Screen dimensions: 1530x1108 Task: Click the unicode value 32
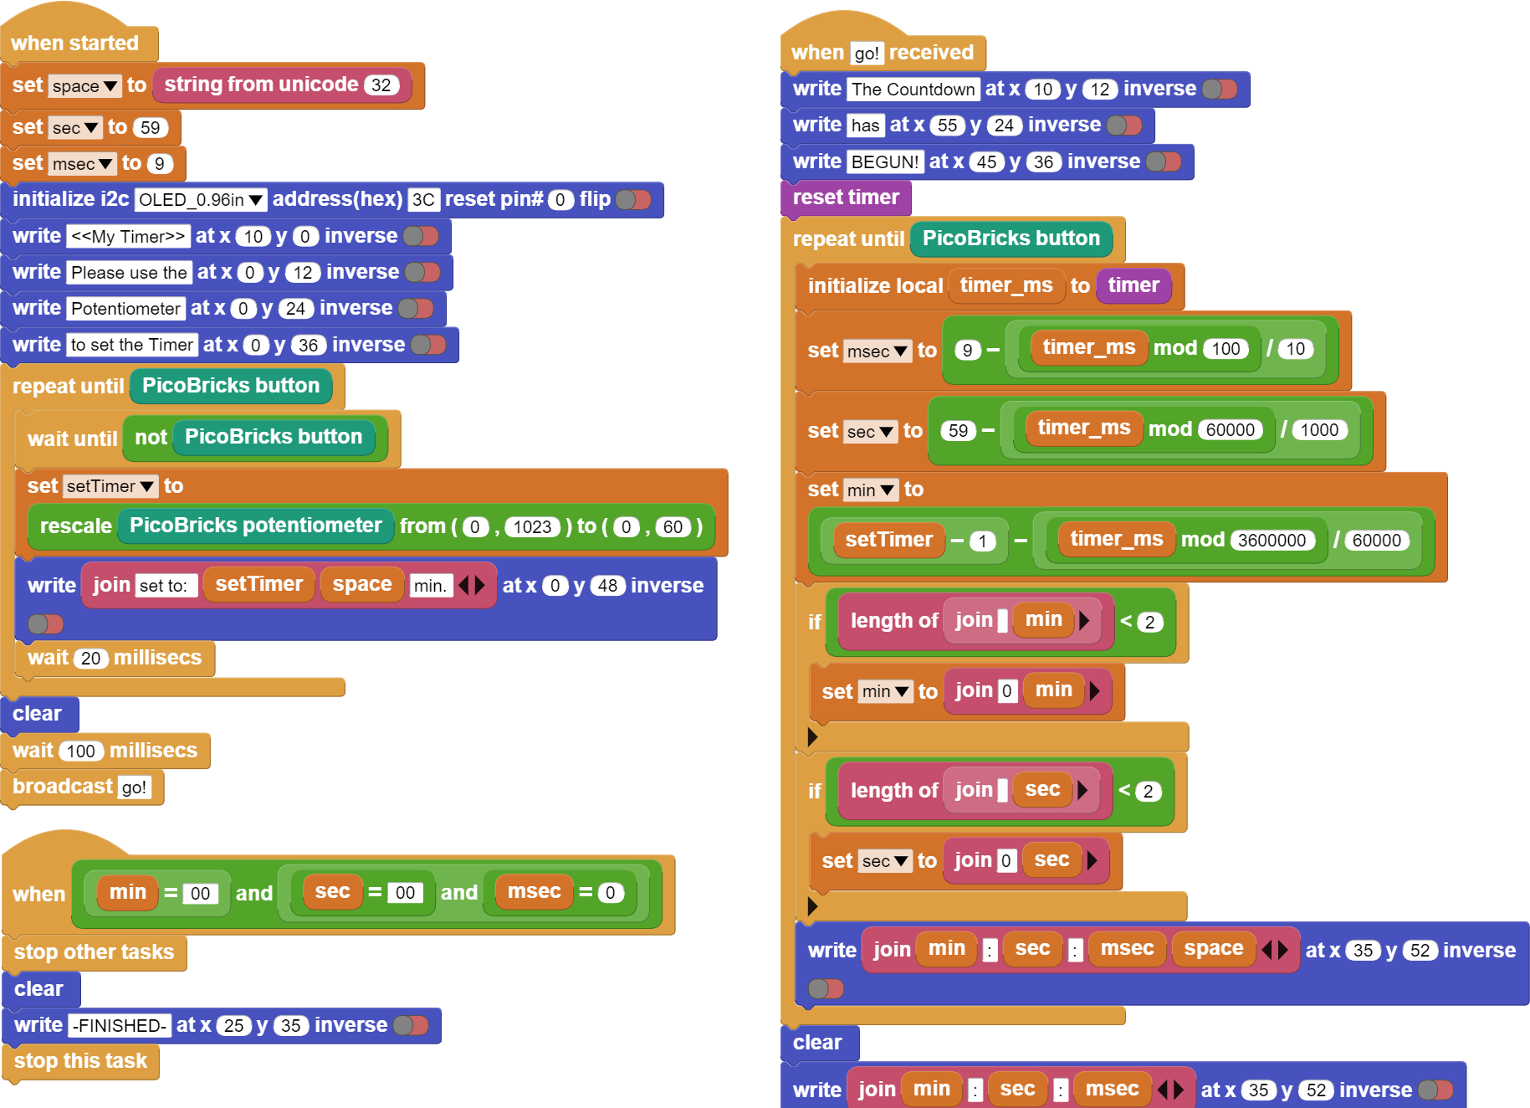point(381,85)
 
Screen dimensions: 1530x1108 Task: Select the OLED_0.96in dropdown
point(201,200)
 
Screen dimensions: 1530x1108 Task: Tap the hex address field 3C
point(423,200)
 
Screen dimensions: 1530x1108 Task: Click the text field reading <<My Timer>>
point(128,237)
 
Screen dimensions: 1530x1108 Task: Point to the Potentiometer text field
point(125,309)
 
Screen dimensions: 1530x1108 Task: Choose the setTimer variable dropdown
point(110,486)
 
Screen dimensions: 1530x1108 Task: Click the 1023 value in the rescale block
point(533,527)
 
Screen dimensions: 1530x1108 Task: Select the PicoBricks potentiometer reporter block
point(255,526)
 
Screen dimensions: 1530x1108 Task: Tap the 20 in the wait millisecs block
point(91,659)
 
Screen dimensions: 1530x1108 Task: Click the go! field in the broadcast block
point(134,787)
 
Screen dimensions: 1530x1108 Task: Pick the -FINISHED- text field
point(120,1026)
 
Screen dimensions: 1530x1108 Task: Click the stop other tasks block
point(95,952)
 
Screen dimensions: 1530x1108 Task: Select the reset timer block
point(846,197)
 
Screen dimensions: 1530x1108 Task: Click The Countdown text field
point(913,90)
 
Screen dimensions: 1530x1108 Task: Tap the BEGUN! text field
point(885,162)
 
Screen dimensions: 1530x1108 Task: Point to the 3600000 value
point(1272,541)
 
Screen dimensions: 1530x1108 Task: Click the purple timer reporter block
point(1133,285)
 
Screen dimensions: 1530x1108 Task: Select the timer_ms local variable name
point(1006,285)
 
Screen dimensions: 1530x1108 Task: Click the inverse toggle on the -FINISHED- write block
point(411,1026)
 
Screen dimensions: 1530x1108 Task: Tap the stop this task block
point(81,1061)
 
